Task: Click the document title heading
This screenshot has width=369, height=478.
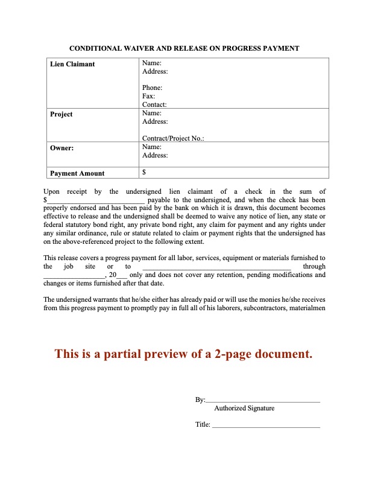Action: coord(184,48)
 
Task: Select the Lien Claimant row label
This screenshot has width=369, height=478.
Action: coord(72,64)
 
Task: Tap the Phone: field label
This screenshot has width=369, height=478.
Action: coord(152,88)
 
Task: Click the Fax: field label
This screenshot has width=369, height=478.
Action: coord(148,96)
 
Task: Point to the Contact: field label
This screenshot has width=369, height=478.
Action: coord(154,104)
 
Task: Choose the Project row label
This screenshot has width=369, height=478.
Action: coord(61,114)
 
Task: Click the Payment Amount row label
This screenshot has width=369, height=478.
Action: coord(77,173)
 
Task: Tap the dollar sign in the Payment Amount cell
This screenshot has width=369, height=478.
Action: coord(144,172)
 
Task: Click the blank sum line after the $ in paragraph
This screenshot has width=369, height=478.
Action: coord(96,200)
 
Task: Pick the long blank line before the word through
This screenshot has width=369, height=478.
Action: coord(217,266)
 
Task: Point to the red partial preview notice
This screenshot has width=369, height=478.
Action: coord(184,354)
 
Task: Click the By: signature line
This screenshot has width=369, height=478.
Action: coord(263,400)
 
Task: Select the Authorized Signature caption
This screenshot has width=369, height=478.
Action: coord(244,408)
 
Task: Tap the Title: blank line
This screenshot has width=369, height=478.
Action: coord(266,425)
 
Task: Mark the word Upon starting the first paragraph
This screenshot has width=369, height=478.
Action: coord(54,191)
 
